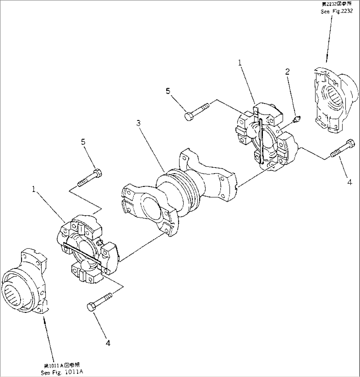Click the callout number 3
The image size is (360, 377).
(139, 124)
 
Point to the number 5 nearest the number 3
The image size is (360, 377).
(168, 91)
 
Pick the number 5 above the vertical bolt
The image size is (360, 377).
(83, 142)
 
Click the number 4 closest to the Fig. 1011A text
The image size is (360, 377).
(108, 343)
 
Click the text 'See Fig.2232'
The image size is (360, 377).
(337, 12)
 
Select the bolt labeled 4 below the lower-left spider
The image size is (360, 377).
(101, 301)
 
